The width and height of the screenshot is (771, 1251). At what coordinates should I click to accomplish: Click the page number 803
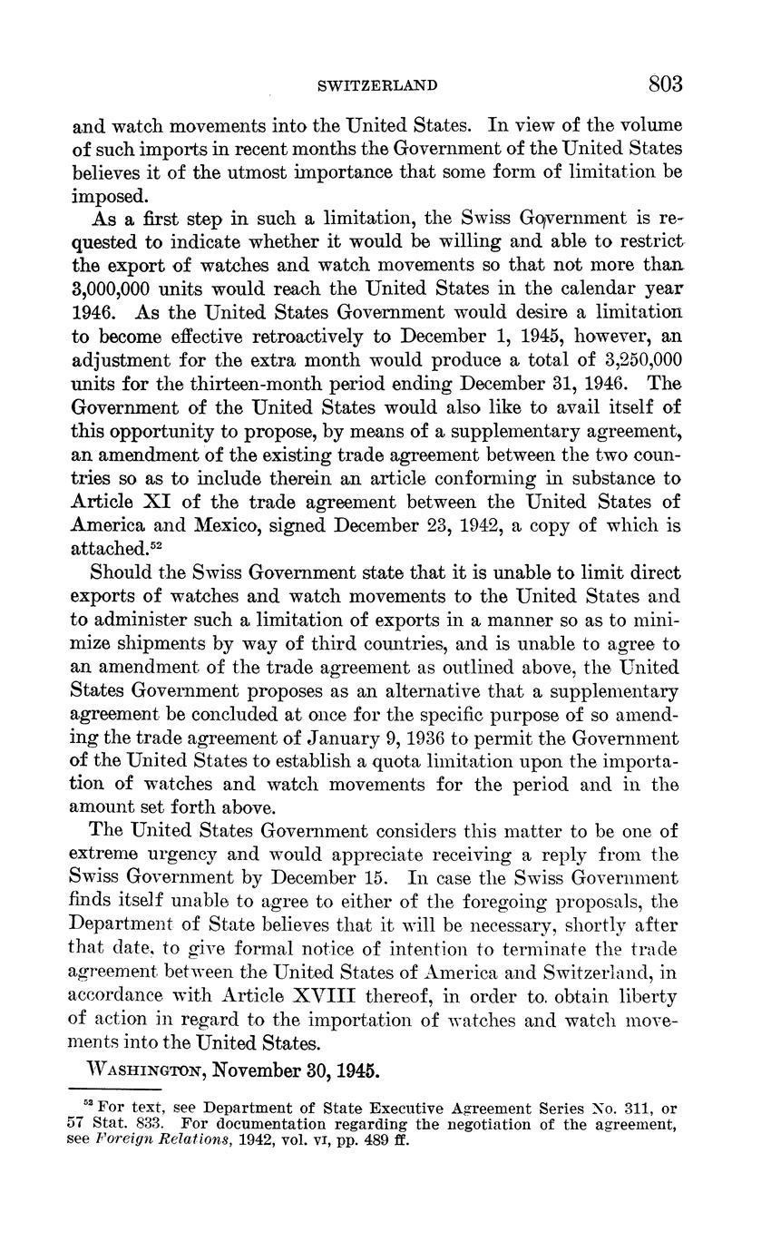click(x=665, y=84)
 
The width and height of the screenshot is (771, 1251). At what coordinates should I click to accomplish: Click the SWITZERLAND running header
click(x=377, y=86)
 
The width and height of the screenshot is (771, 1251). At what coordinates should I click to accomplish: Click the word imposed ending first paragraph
click(x=108, y=195)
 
